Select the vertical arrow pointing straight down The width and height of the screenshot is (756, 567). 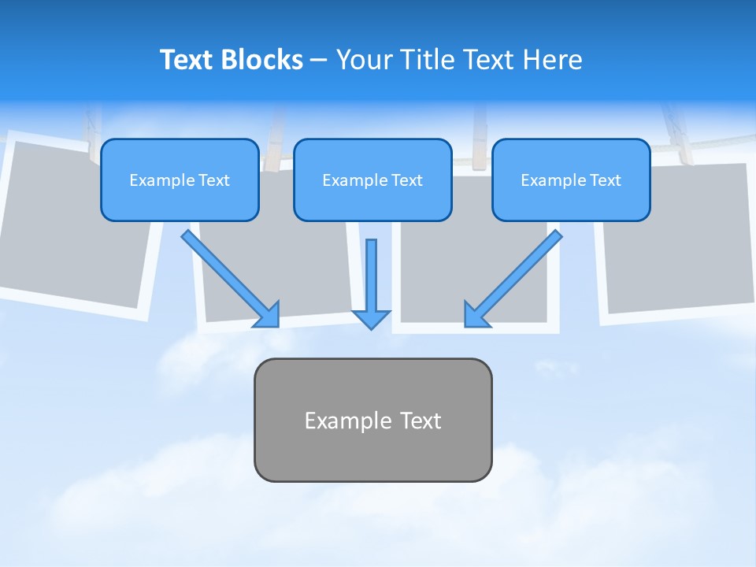click(x=371, y=280)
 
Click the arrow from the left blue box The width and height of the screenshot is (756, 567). click(x=228, y=277)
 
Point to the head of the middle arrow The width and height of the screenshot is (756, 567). click(x=371, y=319)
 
